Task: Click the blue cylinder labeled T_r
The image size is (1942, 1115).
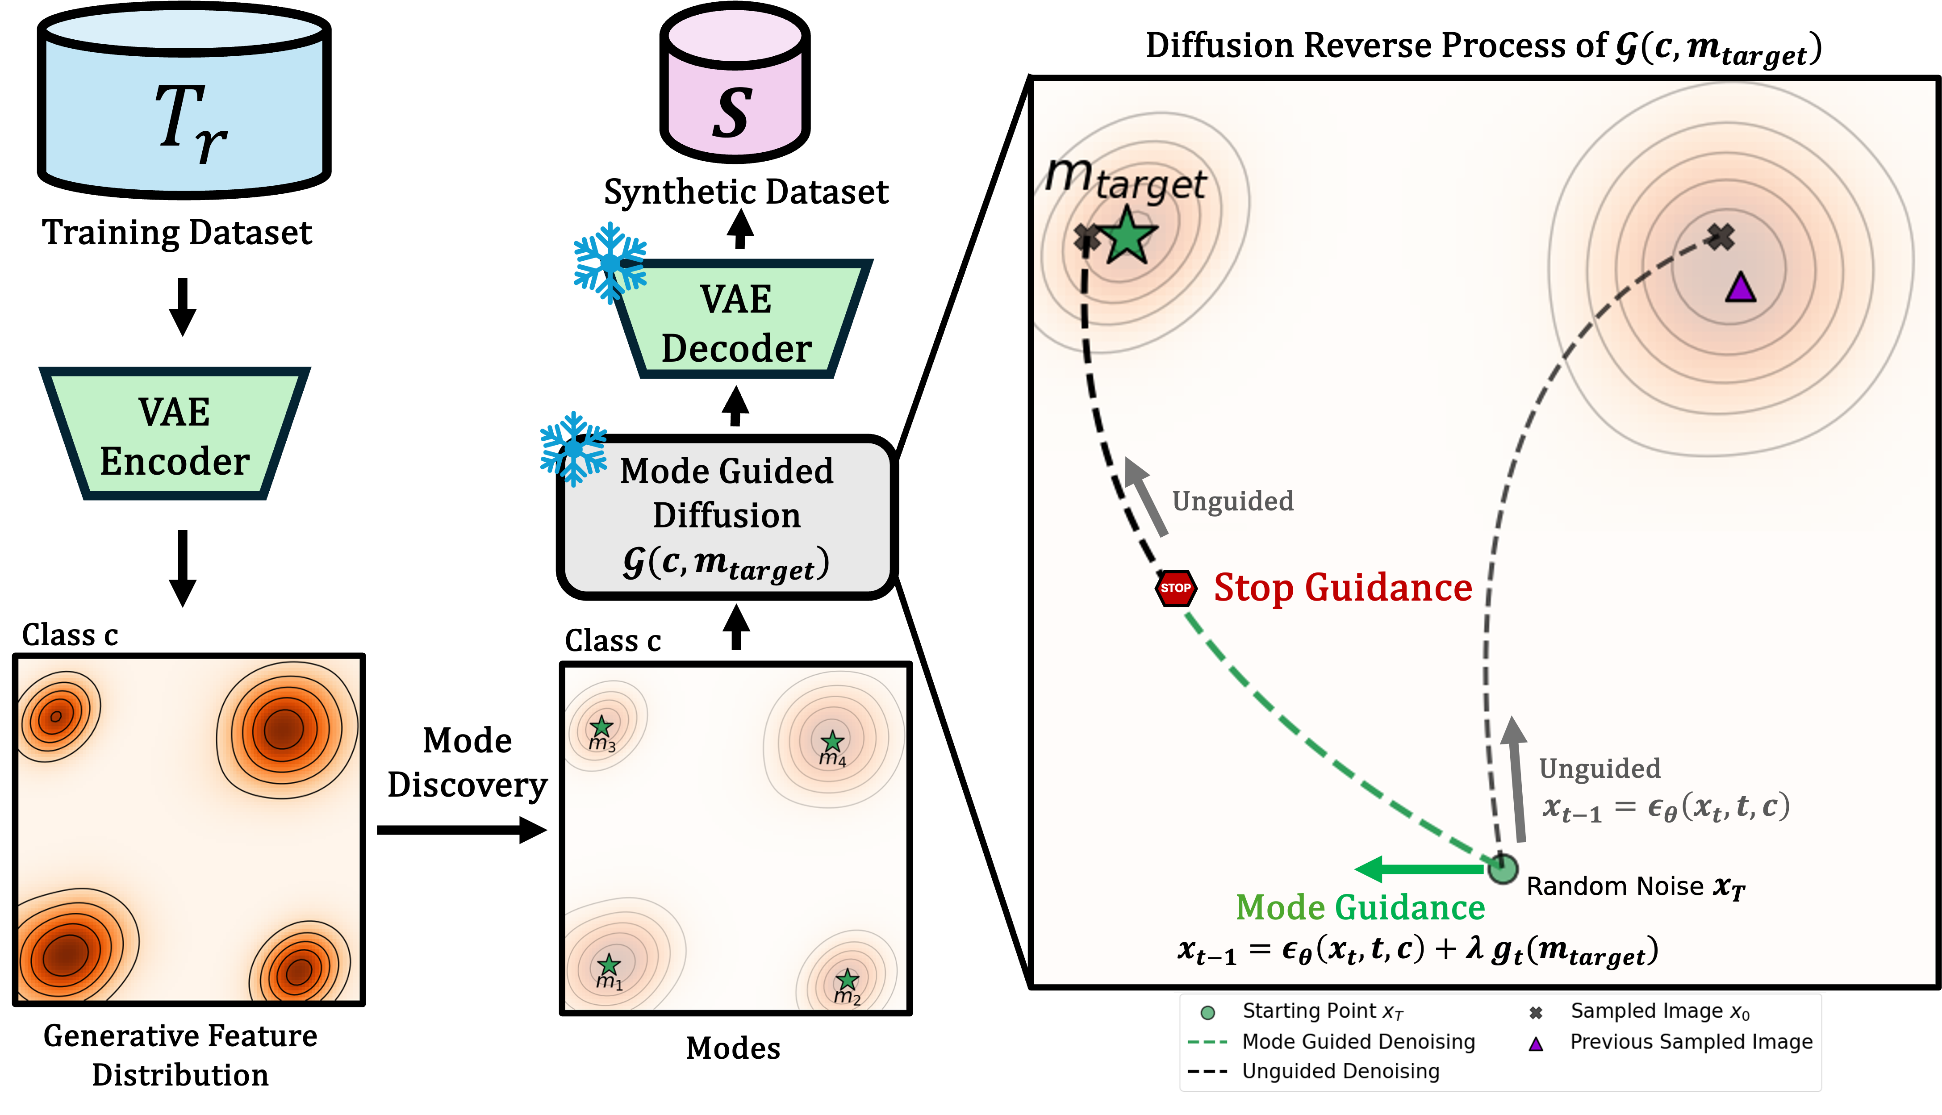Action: pos(184,107)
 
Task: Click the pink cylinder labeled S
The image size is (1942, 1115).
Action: pos(735,88)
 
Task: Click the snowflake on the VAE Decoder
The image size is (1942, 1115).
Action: pos(610,262)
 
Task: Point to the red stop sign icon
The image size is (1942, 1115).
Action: pos(1175,588)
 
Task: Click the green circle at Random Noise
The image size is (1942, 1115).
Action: pos(1503,869)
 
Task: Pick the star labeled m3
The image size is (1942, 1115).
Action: pos(601,726)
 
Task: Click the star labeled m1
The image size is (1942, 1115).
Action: pos(609,964)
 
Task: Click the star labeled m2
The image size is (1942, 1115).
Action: pos(847,979)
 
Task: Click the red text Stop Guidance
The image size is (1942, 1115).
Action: pos(1342,588)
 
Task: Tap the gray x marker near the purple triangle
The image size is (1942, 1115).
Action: pos(1721,237)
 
